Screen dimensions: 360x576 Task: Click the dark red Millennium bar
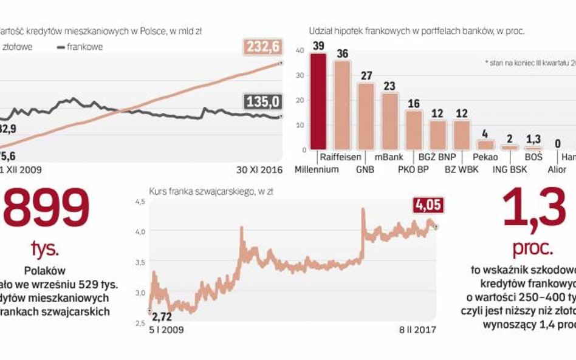tap(318, 101)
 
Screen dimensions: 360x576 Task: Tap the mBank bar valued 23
tap(389, 121)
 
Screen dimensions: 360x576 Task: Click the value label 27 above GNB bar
tap(366, 76)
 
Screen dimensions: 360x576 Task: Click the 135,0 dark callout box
tap(262, 101)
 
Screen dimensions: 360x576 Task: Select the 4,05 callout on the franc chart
tap(429, 205)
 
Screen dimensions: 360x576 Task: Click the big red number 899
tap(46, 207)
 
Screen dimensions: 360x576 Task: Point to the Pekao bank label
tap(485, 157)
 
